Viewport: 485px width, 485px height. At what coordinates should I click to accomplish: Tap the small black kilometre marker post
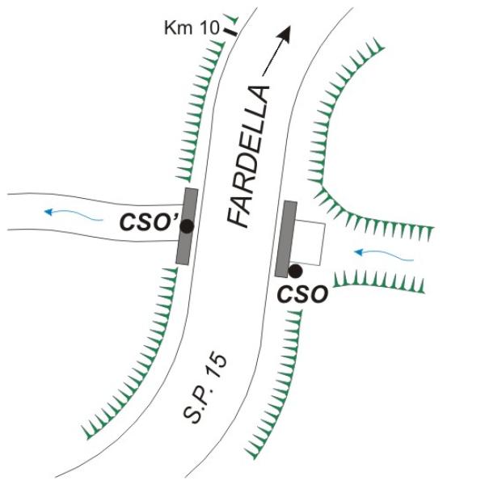(232, 32)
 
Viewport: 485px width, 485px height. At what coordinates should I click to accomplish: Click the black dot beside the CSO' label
(187, 227)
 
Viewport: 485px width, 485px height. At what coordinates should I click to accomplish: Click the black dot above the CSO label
(296, 271)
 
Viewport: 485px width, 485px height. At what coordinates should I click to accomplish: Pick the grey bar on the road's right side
(286, 239)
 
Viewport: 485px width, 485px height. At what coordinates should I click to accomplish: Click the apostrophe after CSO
(172, 215)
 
